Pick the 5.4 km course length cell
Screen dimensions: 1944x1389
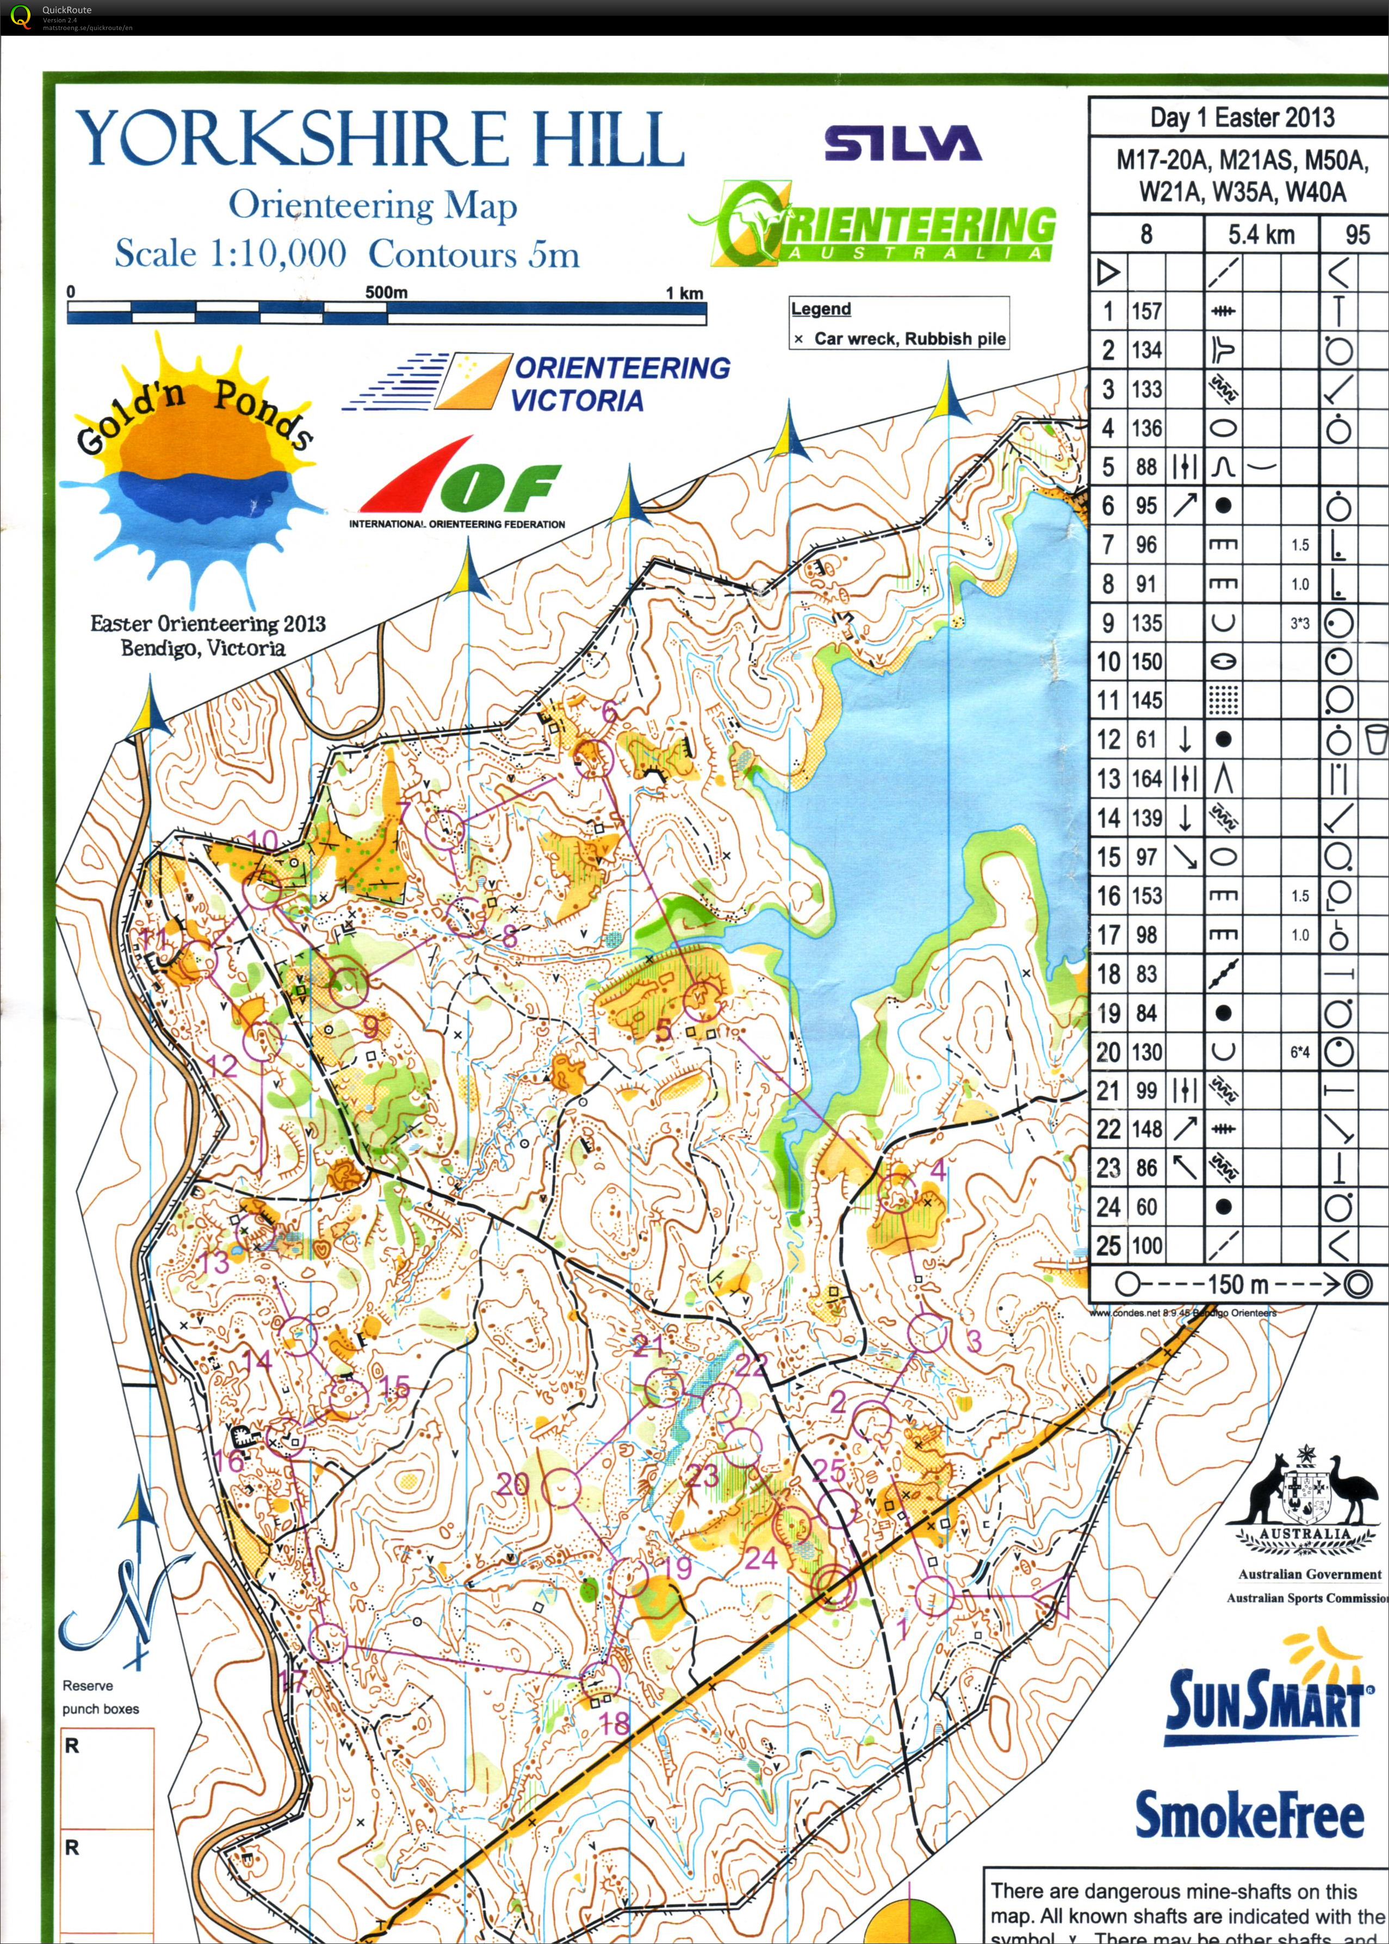pyautogui.click(x=1261, y=234)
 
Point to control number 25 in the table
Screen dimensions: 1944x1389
pyautogui.click(x=1108, y=1246)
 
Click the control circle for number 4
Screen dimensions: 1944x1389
pyautogui.click(x=896, y=1193)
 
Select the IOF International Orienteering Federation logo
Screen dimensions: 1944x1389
pyautogui.click(x=457, y=488)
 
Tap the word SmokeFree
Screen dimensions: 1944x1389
pyautogui.click(x=1249, y=1815)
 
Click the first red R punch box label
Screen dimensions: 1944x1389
pyautogui.click(x=72, y=1746)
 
